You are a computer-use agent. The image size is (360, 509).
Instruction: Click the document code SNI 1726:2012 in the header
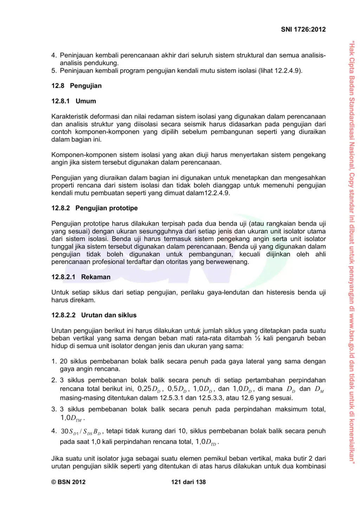click(x=303, y=30)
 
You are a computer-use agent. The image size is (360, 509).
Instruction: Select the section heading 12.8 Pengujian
click(x=76, y=86)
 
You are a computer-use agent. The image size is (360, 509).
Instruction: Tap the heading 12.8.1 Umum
click(x=73, y=101)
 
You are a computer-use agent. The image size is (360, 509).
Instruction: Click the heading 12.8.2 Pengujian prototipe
click(x=94, y=208)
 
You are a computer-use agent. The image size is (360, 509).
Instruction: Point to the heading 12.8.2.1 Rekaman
click(x=81, y=277)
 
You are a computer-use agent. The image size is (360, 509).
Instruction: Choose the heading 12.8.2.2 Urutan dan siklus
click(x=94, y=315)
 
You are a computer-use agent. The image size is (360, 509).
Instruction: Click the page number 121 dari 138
click(x=188, y=482)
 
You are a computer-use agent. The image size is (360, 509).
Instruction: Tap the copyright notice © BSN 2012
click(x=68, y=482)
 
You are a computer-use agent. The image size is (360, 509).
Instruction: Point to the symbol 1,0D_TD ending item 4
click(x=206, y=442)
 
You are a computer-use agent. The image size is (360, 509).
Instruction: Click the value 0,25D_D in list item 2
click(x=149, y=389)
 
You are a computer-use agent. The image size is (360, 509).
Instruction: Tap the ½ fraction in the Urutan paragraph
click(x=258, y=338)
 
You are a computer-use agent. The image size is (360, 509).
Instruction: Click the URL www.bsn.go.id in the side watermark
click(x=352, y=331)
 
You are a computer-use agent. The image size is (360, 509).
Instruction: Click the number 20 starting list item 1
click(x=64, y=361)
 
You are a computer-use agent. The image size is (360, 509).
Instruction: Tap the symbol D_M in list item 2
click(x=319, y=389)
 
